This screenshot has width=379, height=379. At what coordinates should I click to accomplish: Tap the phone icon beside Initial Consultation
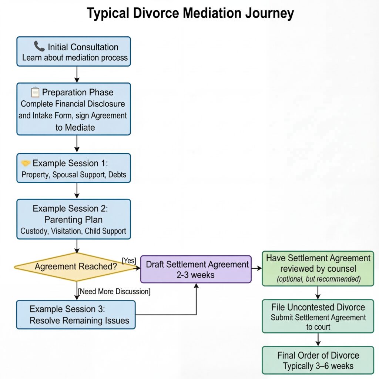point(39,47)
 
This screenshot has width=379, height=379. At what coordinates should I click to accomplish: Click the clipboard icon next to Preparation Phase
point(35,92)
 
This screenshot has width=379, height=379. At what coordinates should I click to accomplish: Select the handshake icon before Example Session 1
point(26,163)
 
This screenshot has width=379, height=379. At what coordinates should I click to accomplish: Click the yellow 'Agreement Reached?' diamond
point(76,266)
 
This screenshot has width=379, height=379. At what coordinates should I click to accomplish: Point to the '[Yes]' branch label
point(129,261)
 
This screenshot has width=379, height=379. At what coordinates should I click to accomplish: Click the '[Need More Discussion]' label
point(114,292)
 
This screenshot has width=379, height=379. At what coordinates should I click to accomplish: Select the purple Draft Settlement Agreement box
point(196,269)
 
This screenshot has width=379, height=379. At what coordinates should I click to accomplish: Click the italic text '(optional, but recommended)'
point(318,279)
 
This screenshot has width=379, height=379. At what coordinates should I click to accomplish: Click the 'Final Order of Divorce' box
point(318,360)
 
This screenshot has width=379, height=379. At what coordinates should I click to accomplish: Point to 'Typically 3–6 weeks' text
point(318,366)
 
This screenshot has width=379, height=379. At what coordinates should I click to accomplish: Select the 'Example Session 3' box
point(76,315)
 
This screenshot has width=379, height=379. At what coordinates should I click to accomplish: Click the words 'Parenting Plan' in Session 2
point(73,219)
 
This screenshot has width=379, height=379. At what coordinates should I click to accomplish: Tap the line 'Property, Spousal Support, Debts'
point(74,175)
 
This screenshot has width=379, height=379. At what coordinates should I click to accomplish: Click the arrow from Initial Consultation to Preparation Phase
point(77,74)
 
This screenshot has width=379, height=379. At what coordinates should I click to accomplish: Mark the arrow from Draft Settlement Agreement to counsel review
point(256,268)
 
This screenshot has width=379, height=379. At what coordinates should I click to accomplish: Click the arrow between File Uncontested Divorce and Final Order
point(318,339)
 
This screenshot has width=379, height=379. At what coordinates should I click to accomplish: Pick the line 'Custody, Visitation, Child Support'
point(73,231)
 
